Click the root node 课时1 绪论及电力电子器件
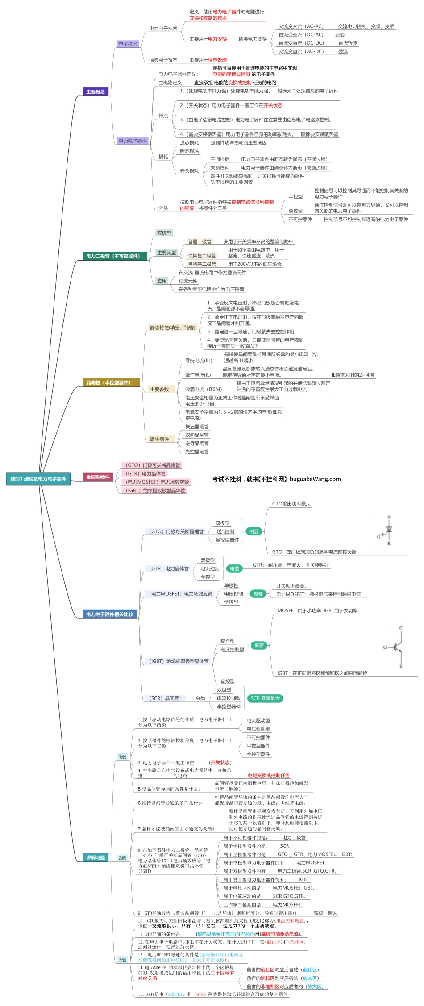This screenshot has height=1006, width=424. [38, 479]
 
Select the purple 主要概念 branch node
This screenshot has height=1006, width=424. [96, 91]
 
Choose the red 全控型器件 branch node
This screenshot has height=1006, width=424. [98, 477]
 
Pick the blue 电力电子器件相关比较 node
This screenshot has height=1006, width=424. [109, 614]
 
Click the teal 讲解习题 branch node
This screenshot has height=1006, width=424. [96, 857]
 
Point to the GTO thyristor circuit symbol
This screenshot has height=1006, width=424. [387, 530]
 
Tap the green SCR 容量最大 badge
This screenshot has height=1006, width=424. [265, 698]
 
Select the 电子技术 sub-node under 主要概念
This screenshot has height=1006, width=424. [128, 44]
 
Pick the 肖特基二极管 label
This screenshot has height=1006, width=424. [202, 264]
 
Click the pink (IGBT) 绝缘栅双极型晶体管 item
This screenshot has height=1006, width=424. [155, 490]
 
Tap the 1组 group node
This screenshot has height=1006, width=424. [122, 757]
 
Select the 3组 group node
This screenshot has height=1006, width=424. [122, 960]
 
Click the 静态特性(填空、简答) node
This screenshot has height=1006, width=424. [172, 327]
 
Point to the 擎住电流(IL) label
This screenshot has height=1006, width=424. [198, 375]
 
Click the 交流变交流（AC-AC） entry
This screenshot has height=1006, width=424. [301, 26]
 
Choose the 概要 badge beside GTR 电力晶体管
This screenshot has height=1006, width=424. [234, 568]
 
